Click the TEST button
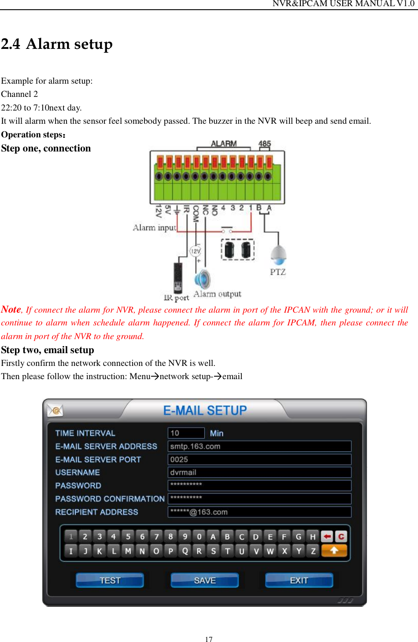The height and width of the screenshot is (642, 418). pos(110,580)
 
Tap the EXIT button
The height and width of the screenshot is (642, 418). pos(299,580)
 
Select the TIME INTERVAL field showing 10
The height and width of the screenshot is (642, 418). pos(186,433)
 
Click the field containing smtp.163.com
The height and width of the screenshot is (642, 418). pos(259,446)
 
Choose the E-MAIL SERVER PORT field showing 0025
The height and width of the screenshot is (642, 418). pos(259,459)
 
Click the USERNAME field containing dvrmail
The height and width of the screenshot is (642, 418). pos(259,472)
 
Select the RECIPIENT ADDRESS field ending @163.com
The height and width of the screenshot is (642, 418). pos(259,512)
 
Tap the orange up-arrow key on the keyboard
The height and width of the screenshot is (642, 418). pos(334,550)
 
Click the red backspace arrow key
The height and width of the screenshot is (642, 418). pos(327,536)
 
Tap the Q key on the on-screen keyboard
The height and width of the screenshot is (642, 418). pos(185,551)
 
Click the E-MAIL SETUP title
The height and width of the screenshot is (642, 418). pos(205,410)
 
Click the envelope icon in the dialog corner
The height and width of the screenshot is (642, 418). pos(55,410)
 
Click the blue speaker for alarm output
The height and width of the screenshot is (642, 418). pos(203,279)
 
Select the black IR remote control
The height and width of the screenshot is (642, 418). pos(178,278)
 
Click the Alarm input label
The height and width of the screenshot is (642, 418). pos(154,228)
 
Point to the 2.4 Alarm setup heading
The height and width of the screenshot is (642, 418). pos(57,44)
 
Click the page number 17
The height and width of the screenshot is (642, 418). pos(209,639)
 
